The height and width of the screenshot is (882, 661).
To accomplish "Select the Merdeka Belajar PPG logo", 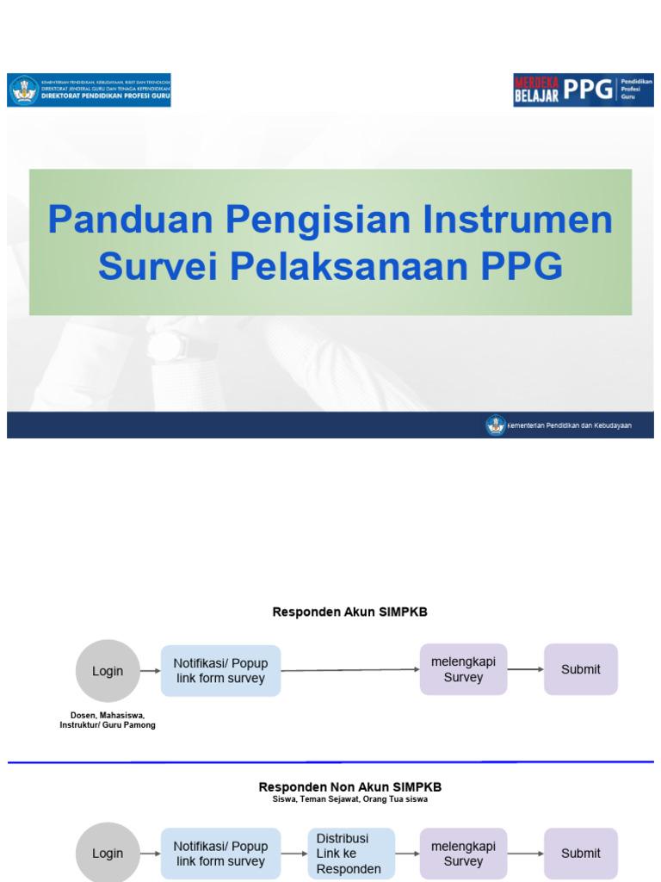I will (x=583, y=90).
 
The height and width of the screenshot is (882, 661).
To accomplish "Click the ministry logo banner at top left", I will (x=90, y=90).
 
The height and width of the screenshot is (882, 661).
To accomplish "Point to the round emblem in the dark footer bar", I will (x=495, y=425).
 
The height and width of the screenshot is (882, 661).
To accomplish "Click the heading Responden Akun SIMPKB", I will (x=349, y=612).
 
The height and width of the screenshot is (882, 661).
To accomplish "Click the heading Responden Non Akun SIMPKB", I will (x=349, y=787).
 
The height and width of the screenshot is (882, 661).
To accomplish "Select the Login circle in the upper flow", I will (x=108, y=671).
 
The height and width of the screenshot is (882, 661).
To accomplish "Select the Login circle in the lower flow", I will (x=108, y=853).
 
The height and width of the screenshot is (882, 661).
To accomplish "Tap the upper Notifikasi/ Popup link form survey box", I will (x=221, y=671).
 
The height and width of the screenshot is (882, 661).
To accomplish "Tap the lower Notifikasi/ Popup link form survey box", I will (x=221, y=854).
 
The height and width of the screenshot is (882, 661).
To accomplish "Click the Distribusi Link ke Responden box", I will (x=351, y=854).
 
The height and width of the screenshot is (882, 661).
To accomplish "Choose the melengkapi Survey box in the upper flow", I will (x=463, y=669).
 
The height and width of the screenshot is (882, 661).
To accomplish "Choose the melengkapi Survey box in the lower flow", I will (x=463, y=854).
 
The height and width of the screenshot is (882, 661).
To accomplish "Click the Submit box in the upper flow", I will (x=581, y=669).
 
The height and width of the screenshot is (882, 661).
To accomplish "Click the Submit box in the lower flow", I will (x=581, y=854).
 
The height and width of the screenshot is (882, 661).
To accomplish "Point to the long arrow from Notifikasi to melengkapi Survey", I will (x=349, y=670).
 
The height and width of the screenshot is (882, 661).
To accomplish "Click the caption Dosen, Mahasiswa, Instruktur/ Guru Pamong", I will (x=108, y=720).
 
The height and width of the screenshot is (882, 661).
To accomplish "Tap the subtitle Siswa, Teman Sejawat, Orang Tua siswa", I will (x=349, y=799).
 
